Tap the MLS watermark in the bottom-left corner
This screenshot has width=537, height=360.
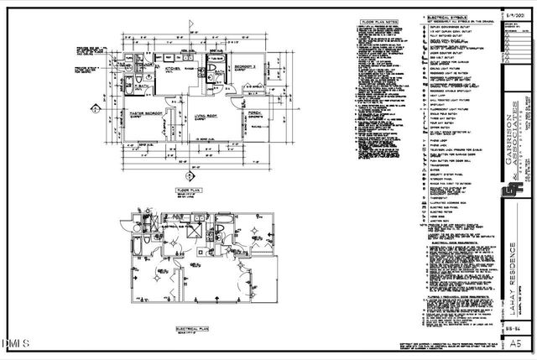click(x=15, y=342)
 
